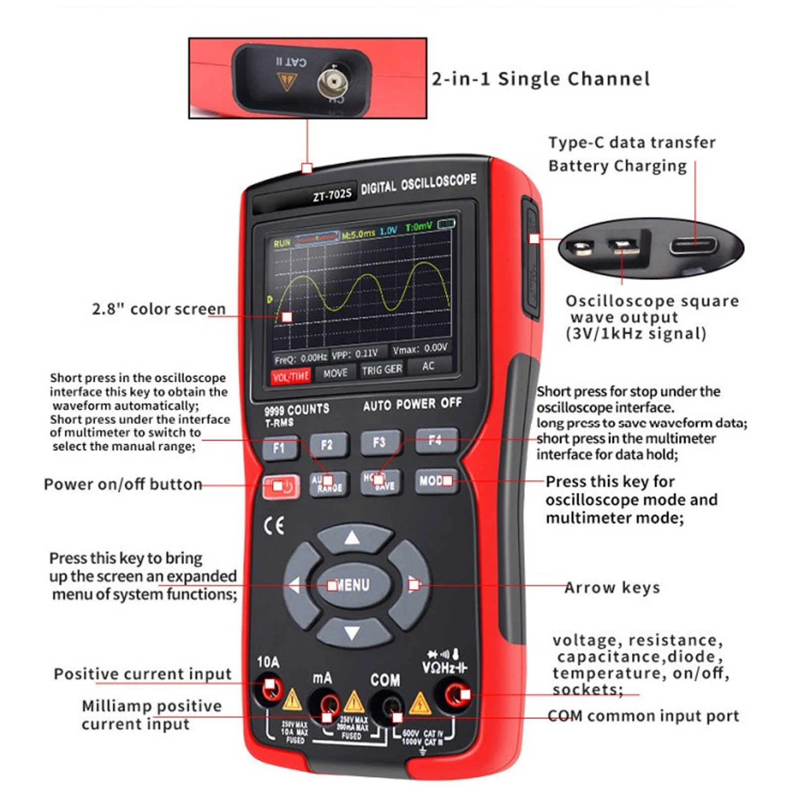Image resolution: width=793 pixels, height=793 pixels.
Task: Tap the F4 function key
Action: (435, 440)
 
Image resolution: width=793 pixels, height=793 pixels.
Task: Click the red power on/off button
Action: (281, 487)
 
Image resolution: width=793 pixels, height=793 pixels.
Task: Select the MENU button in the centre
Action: (351, 585)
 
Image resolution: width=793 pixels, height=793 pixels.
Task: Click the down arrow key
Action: (352, 633)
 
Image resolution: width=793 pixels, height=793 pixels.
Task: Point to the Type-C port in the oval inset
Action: (693, 246)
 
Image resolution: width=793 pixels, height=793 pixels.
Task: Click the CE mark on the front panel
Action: (274, 526)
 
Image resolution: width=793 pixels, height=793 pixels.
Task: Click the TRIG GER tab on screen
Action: (381, 370)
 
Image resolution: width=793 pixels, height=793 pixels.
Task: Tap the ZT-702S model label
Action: (332, 195)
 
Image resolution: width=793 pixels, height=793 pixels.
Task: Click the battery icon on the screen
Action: (446, 224)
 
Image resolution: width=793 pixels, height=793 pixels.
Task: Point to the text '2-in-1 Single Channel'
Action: (540, 79)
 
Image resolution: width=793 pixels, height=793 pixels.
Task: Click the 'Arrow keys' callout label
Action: (612, 588)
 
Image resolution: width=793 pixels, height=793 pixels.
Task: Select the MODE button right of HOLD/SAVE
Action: (435, 481)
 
